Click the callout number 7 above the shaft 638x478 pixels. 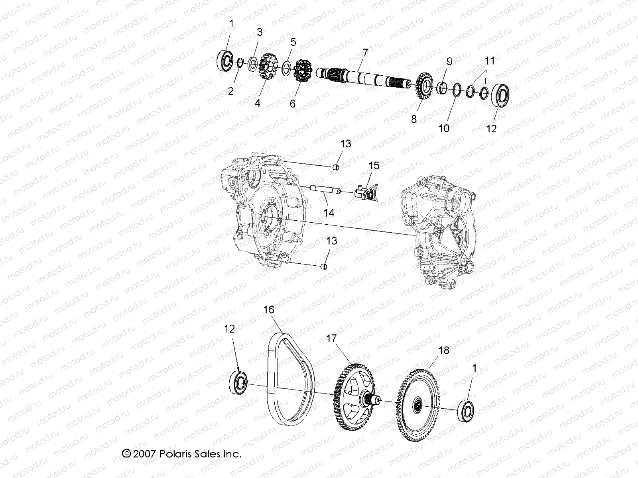click(x=365, y=52)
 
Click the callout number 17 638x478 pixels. click(x=331, y=339)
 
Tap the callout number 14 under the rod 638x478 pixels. click(x=329, y=213)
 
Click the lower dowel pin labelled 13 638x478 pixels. click(x=324, y=266)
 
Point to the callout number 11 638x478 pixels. click(x=490, y=61)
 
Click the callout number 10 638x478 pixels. click(x=444, y=128)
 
